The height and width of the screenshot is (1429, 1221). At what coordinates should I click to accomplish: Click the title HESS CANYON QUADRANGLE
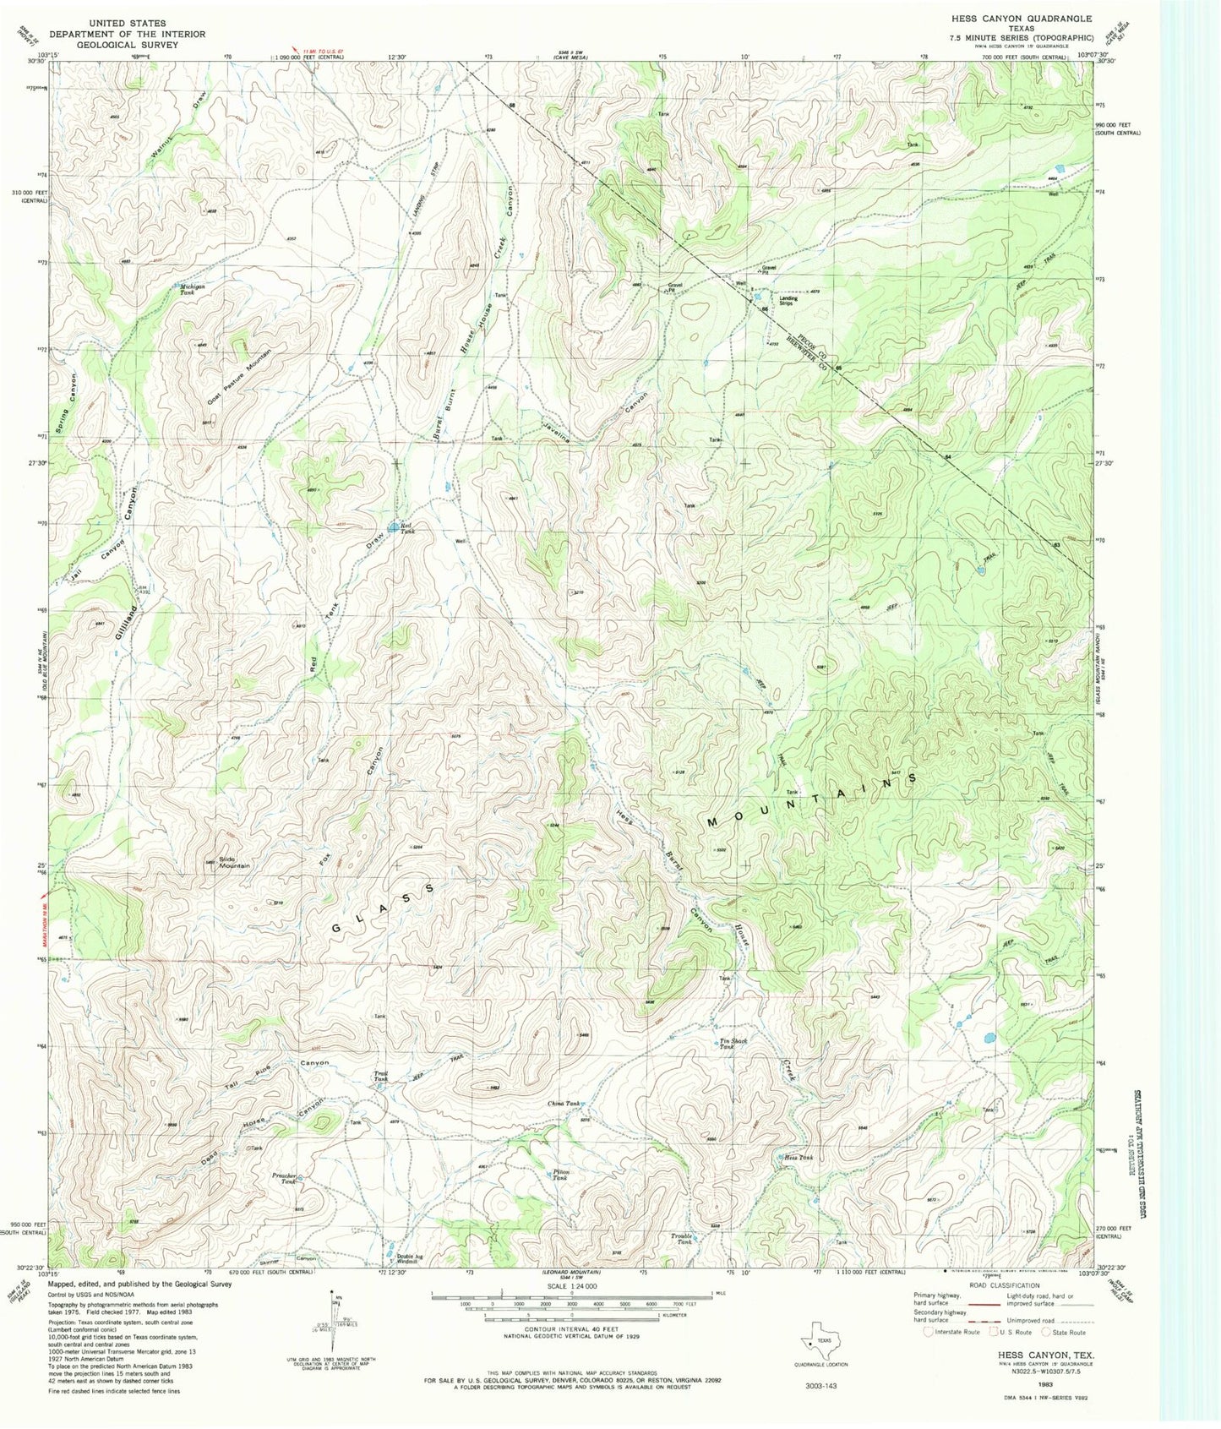click(x=1021, y=19)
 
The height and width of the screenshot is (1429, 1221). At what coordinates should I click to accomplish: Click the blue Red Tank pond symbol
click(x=394, y=528)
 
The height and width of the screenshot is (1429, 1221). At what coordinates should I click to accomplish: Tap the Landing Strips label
click(x=788, y=300)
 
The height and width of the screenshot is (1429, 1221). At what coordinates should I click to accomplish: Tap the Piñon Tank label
click(x=560, y=1174)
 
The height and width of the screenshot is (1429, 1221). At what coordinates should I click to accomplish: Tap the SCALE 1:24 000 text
click(x=571, y=1286)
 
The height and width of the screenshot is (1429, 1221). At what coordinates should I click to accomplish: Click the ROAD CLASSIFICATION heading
click(x=1004, y=1285)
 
